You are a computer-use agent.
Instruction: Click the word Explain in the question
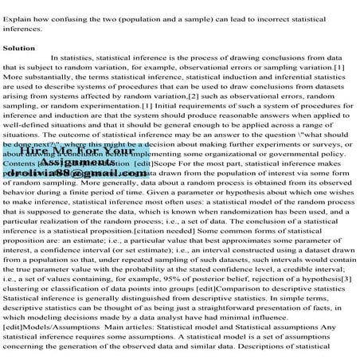(x=18, y=8)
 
